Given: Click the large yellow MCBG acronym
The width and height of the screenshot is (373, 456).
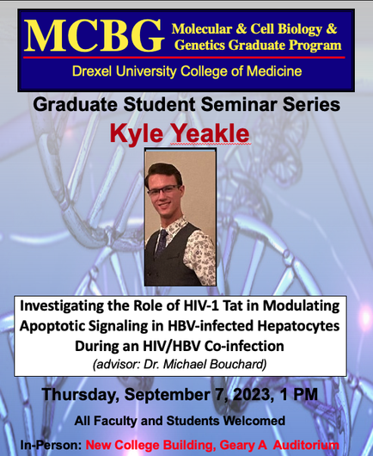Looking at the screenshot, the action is (95, 35).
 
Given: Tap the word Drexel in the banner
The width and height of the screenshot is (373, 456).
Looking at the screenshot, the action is (91, 71).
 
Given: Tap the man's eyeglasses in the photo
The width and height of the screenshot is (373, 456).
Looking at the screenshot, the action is (163, 191).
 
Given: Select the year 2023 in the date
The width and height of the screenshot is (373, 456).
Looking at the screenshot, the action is (253, 395).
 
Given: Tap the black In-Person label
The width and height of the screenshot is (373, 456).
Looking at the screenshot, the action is (51, 445).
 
